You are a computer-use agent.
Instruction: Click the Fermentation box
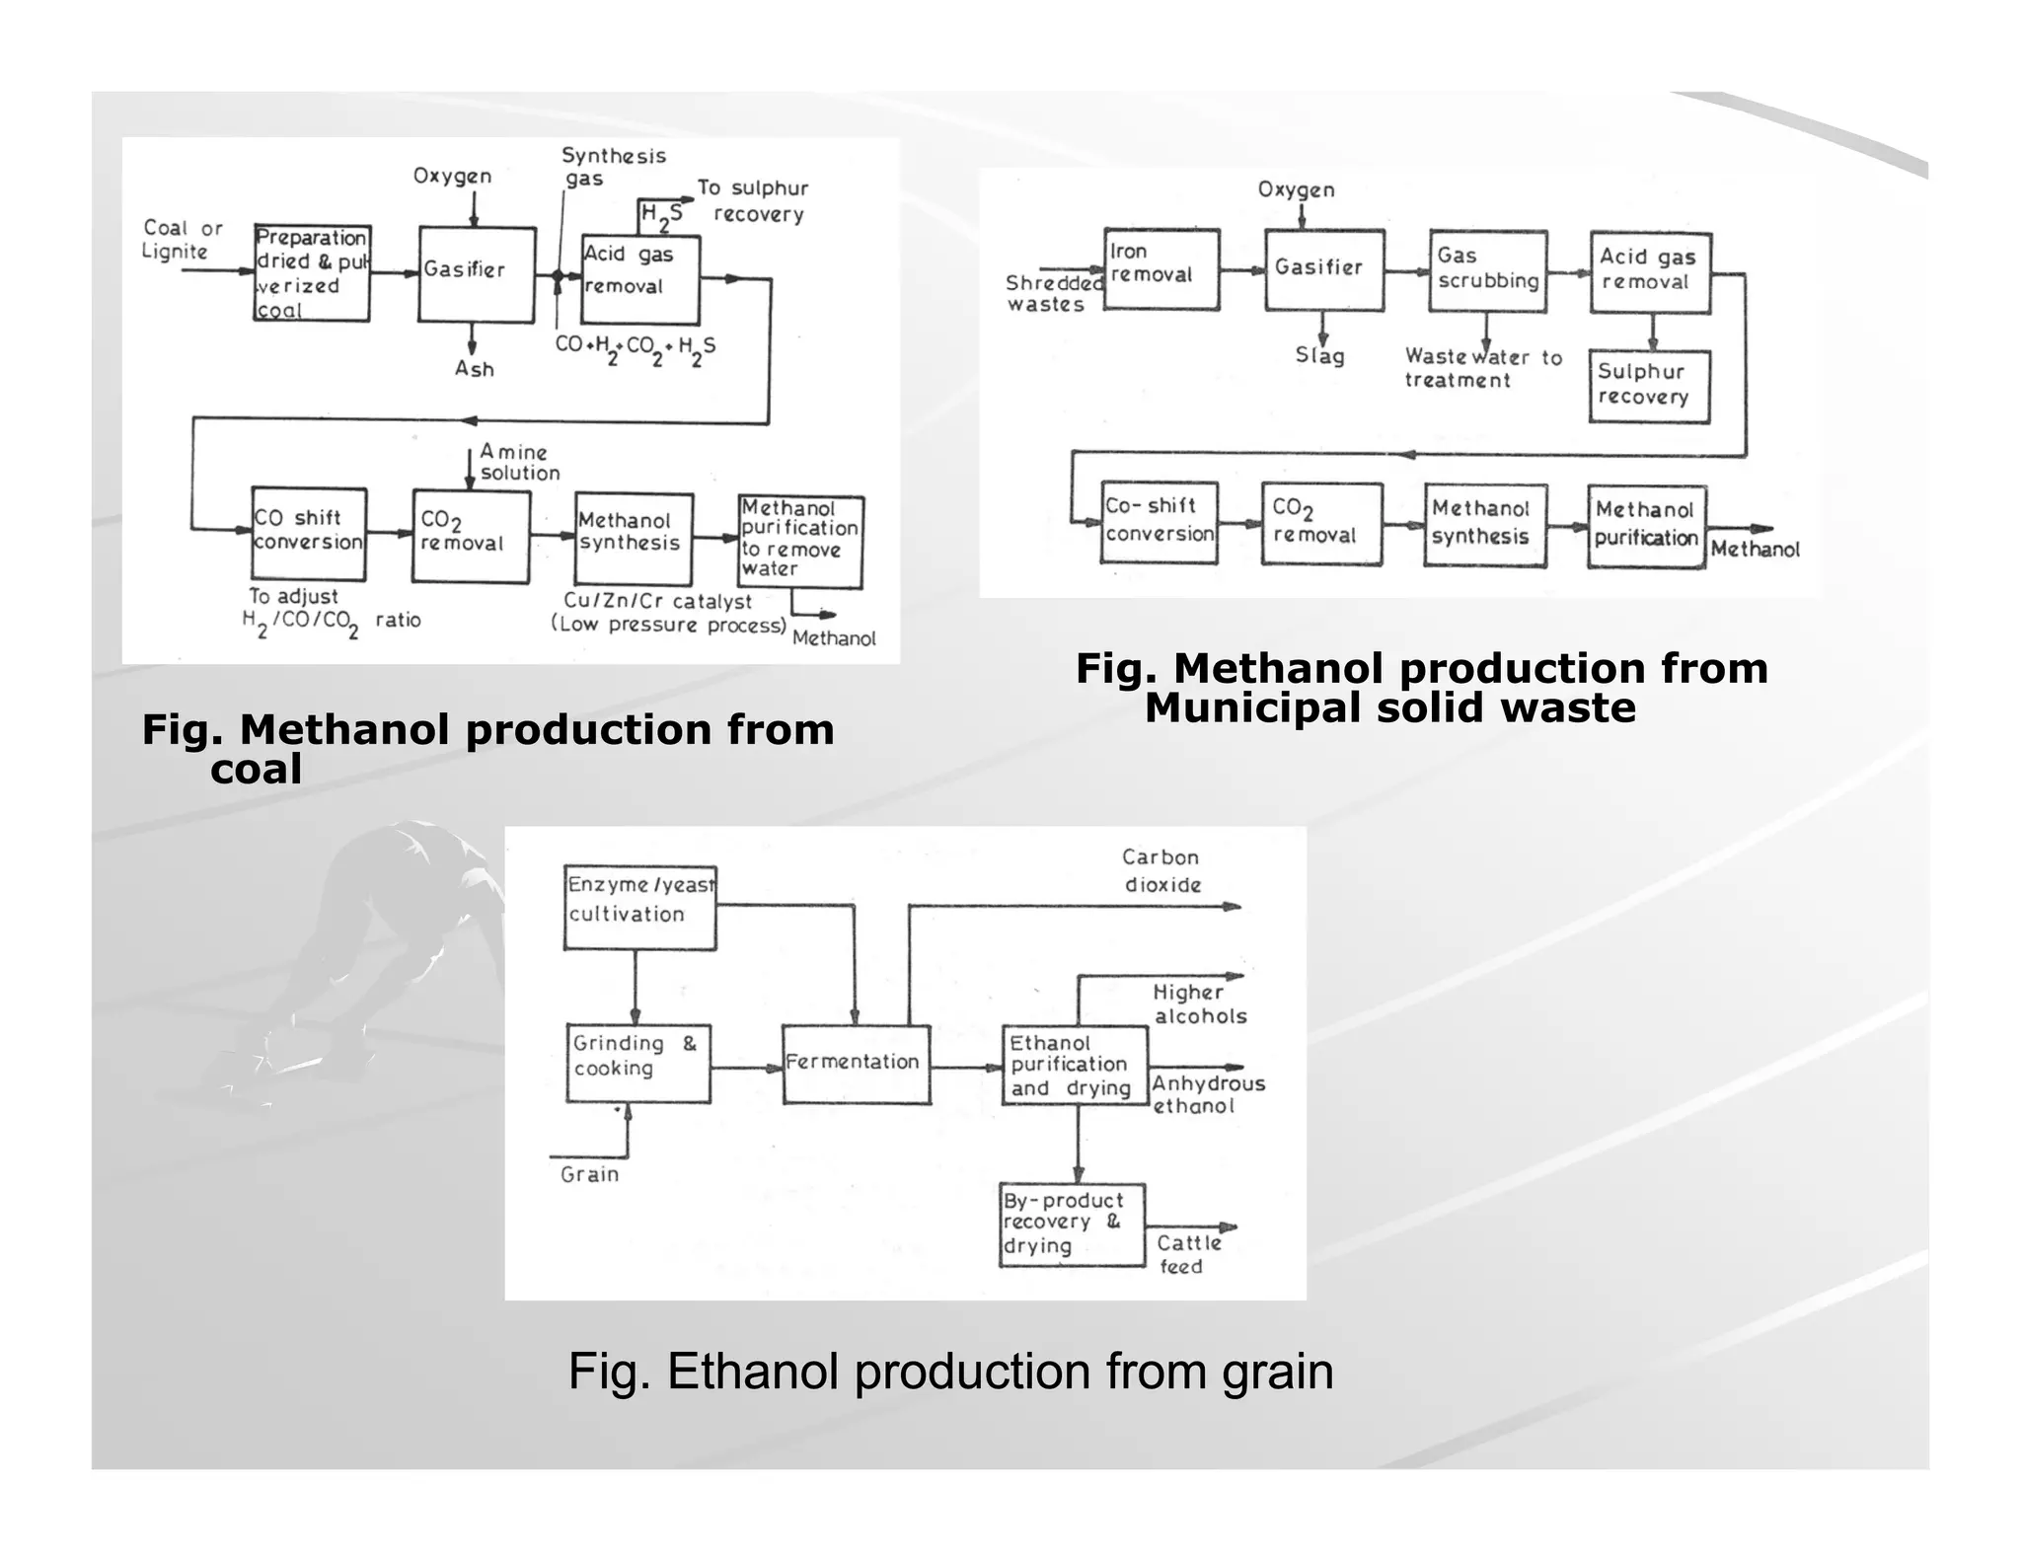[x=856, y=1064]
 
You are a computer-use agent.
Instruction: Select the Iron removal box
[x=1161, y=268]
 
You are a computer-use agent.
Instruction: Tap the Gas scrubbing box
[x=1487, y=270]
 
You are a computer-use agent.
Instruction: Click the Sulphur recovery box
[x=1649, y=386]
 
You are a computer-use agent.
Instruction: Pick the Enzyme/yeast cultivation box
[x=639, y=907]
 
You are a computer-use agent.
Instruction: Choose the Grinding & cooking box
[x=637, y=1063]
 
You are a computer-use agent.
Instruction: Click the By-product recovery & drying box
[x=1072, y=1225]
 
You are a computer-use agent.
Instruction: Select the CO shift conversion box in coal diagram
[x=308, y=533]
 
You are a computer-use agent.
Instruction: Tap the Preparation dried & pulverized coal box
[x=311, y=272]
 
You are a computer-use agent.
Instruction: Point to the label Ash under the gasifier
[x=474, y=369]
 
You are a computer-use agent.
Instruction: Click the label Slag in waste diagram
[x=1319, y=355]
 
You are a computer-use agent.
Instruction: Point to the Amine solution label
[x=519, y=462]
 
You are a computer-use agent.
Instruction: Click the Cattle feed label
[x=1188, y=1254]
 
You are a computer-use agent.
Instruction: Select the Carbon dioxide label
[x=1161, y=870]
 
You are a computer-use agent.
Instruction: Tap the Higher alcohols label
[x=1199, y=1003]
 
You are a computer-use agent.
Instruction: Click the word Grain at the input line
[x=589, y=1174]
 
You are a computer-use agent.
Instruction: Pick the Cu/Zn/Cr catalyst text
[x=657, y=601]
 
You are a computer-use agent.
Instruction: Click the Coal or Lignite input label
[x=182, y=239]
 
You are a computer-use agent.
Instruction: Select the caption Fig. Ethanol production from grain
[x=950, y=1371]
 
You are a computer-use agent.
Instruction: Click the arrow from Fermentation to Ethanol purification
[x=966, y=1067]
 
